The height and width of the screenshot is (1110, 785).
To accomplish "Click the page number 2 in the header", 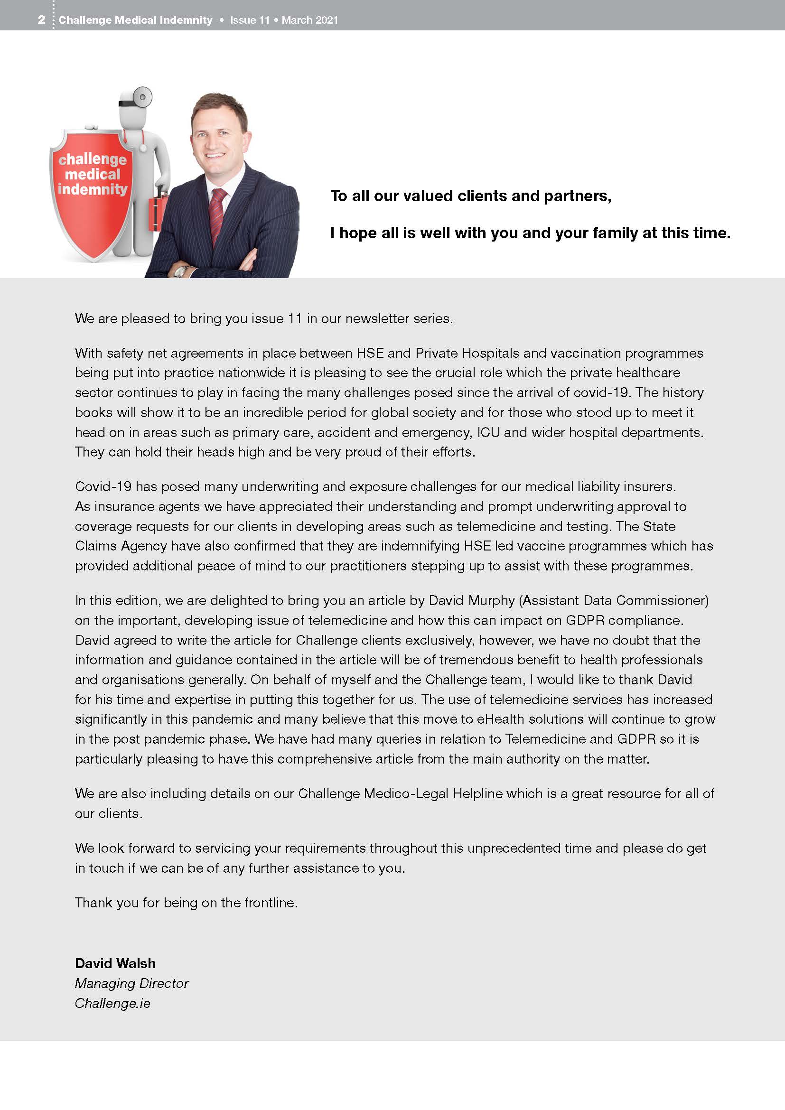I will [x=42, y=20].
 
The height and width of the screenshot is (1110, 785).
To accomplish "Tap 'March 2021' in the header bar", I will [x=310, y=20].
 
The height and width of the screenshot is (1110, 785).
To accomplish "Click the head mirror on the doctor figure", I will [x=142, y=97].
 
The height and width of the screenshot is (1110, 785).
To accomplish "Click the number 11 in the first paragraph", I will [x=295, y=318].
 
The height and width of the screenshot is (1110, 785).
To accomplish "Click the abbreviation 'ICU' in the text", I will [x=488, y=432].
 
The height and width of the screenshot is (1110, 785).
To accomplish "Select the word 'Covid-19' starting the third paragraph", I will [x=103, y=486].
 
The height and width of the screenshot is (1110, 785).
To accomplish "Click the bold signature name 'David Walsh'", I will [x=115, y=963].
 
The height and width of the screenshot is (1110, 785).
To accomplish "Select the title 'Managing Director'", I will [x=131, y=983].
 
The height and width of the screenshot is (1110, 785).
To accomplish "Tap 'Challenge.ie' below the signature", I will [x=112, y=1003].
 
